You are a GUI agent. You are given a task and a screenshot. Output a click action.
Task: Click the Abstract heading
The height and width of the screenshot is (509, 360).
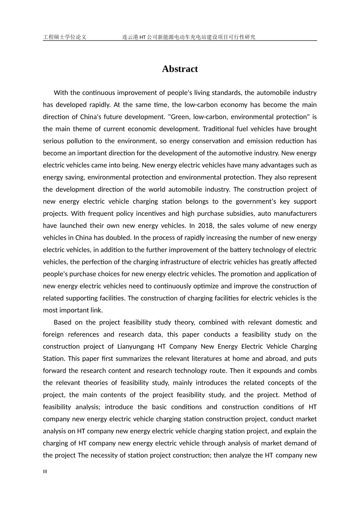pyautogui.click(x=180, y=69)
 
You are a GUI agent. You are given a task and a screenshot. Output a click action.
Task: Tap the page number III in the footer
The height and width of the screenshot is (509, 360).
pyautogui.click(x=45, y=472)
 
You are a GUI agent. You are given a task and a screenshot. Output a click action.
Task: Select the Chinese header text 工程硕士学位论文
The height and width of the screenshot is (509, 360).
pyautogui.click(x=65, y=37)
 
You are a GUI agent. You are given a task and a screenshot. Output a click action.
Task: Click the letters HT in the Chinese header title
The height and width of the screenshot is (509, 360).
pyautogui.click(x=142, y=37)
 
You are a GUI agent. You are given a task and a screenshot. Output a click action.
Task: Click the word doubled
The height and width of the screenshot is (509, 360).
pyautogui.click(x=119, y=238)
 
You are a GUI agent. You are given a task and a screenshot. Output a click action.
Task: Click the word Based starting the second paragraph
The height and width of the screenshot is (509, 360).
pyautogui.click(x=63, y=322)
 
